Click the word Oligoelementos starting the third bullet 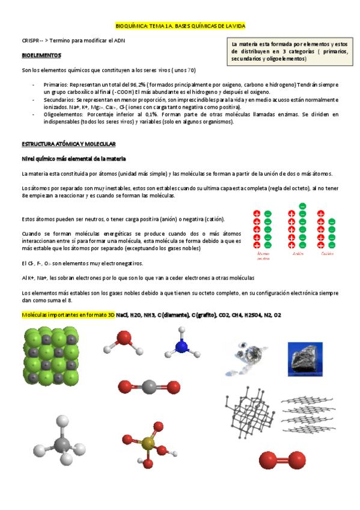(61, 114)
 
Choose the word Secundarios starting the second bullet (59, 100)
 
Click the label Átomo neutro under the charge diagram (263, 256)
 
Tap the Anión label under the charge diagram (297, 253)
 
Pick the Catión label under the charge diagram (327, 253)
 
